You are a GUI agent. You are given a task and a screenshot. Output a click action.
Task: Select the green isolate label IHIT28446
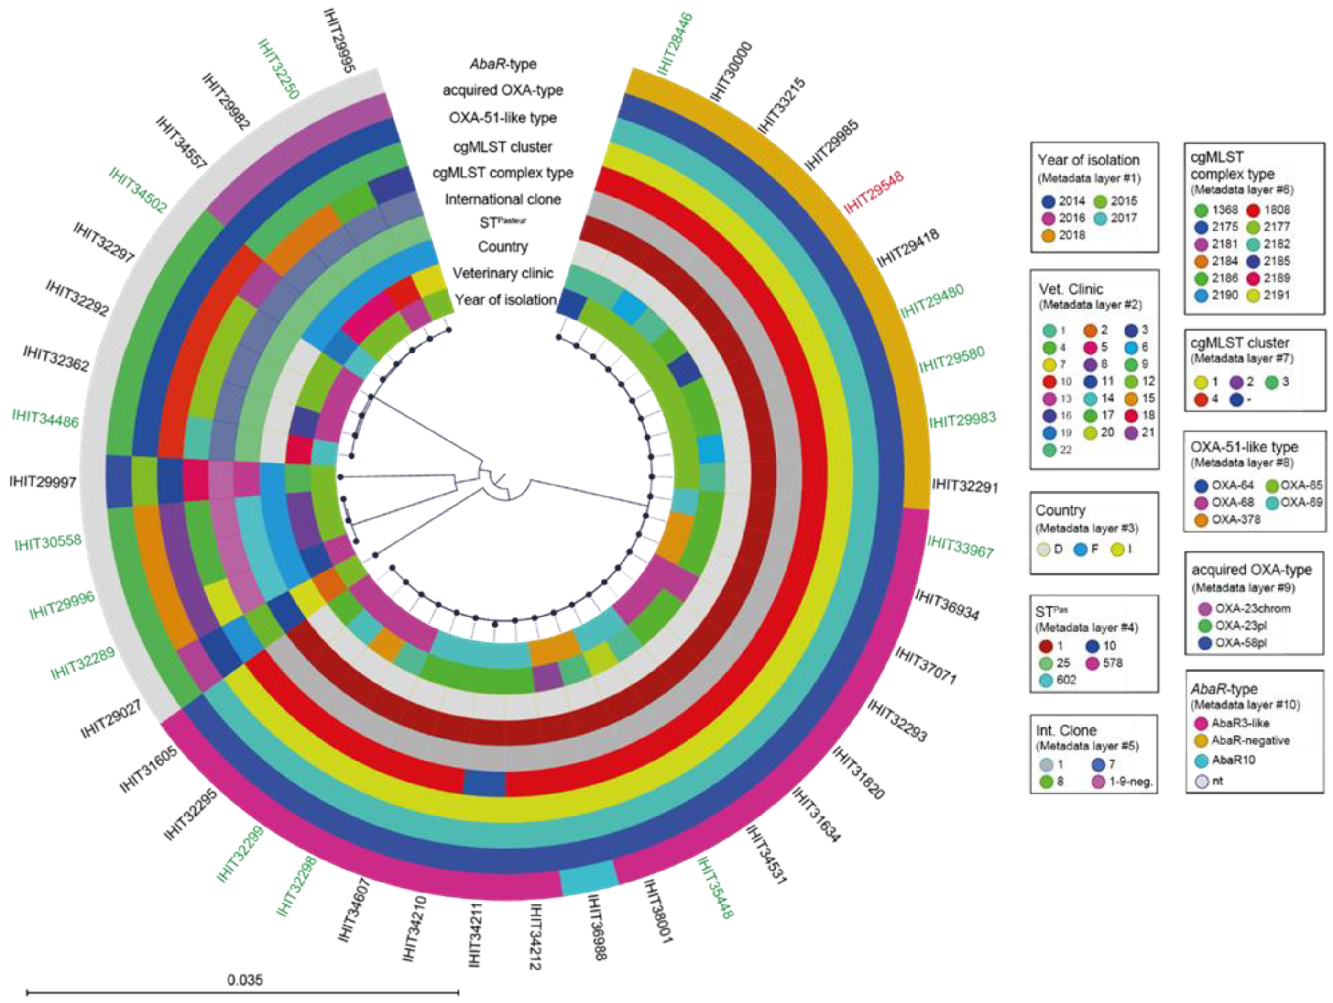(676, 44)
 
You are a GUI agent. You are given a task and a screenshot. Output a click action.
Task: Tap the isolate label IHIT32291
(965, 485)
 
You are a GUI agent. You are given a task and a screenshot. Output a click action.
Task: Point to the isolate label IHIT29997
(43, 482)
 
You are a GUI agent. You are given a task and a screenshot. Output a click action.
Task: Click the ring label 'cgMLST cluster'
(503, 146)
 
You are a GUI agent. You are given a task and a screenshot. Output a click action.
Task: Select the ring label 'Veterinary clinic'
(503, 273)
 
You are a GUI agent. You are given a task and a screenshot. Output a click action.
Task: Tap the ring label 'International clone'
(503, 199)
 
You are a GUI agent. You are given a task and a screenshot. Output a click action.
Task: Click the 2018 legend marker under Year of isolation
(1049, 235)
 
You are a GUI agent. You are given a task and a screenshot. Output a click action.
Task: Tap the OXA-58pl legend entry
(1241, 642)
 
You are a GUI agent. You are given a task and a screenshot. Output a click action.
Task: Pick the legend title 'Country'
(1060, 510)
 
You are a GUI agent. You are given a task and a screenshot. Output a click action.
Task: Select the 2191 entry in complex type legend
(1277, 295)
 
